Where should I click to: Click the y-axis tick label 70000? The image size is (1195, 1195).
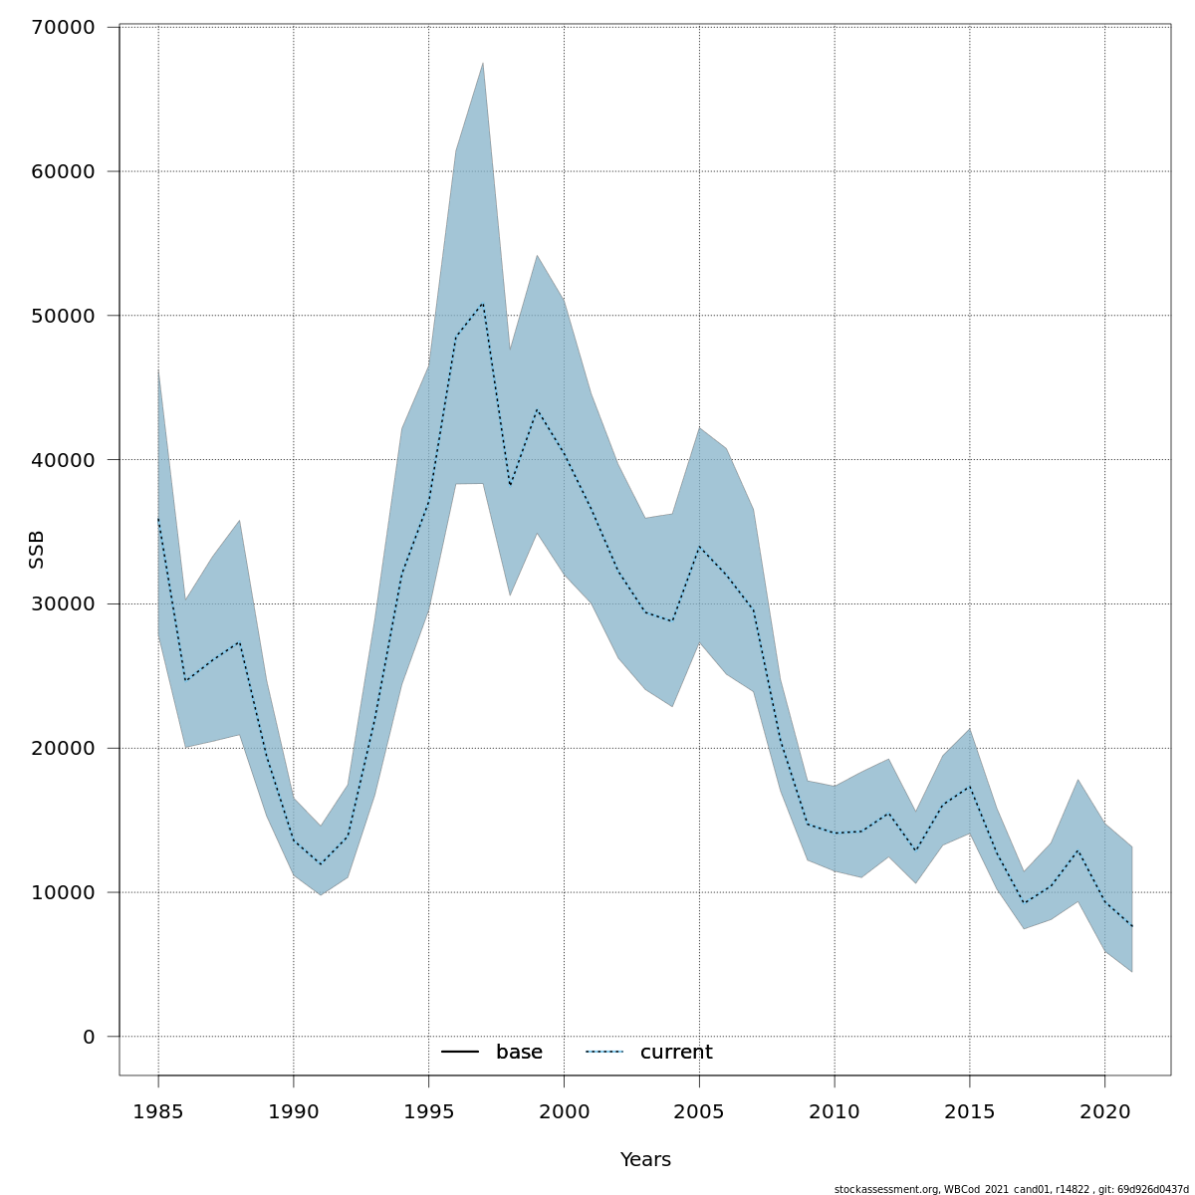pos(63,27)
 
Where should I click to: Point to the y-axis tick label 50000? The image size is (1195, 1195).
pos(63,316)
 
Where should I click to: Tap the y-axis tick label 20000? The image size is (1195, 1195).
pos(63,748)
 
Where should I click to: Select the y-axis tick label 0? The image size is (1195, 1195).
pos(89,1037)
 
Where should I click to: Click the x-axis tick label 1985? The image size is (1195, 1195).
pos(158,1111)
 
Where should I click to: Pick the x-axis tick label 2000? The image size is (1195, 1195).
pos(564,1111)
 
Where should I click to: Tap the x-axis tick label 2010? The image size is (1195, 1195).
pos(835,1111)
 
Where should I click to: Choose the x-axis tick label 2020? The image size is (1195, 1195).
pos(1104,1111)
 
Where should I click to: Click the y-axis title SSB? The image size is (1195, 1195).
pos(37,550)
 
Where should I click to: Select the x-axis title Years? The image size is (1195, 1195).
pos(645,1160)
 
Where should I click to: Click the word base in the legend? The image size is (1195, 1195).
pos(519,1053)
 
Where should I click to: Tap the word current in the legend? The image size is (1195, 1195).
pos(676,1053)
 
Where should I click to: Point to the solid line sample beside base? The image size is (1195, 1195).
pos(460,1053)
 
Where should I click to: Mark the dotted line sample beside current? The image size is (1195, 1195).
pos(604,1053)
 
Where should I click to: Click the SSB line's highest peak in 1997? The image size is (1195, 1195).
pos(483,302)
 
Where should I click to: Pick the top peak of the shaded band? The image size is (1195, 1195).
pos(483,64)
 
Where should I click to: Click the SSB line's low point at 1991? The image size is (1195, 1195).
pos(321,864)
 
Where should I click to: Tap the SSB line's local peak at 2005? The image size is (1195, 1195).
pos(699,547)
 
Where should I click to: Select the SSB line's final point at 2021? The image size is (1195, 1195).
pos(1131,926)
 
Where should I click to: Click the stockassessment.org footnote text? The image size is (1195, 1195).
pos(1011,1189)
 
